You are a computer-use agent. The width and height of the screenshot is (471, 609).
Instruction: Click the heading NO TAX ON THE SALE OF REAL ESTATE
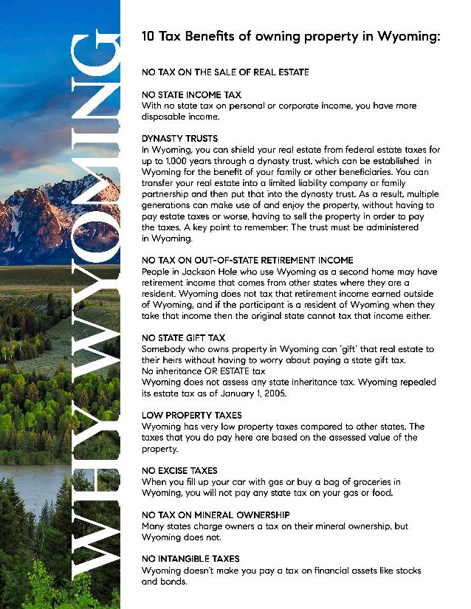coord(225,72)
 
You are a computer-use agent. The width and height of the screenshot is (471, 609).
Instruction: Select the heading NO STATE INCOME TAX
coord(191,95)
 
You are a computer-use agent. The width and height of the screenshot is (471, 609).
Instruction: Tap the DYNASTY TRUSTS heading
coord(180,139)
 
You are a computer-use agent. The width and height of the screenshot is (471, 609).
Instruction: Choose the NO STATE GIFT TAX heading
coord(184,337)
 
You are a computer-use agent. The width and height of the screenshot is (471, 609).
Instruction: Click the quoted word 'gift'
coord(346,348)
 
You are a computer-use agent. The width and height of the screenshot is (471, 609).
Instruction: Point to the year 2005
coord(278,393)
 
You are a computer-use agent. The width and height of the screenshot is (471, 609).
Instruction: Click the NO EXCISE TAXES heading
coord(179,470)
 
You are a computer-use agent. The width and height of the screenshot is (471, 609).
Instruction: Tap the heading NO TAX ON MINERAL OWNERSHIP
coord(215,515)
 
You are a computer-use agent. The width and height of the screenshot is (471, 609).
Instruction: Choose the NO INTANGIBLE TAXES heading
coord(190,559)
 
